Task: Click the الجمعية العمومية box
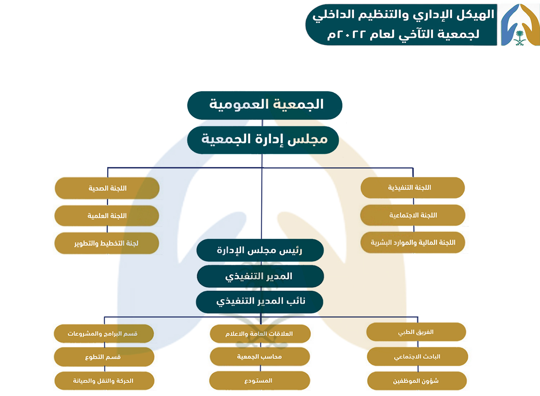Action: (x=265, y=105)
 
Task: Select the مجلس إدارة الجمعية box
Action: (x=263, y=140)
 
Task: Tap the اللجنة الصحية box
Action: (x=107, y=188)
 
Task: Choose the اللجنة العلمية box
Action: (x=107, y=216)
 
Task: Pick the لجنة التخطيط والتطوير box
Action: (x=107, y=243)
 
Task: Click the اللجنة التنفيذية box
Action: (x=413, y=188)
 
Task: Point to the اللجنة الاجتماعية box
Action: (x=413, y=215)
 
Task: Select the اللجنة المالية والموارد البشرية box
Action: (x=413, y=243)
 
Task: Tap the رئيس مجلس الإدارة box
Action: (x=260, y=251)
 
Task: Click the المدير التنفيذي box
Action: (x=260, y=276)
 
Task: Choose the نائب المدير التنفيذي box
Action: (x=260, y=302)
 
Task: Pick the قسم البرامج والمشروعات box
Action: (x=104, y=334)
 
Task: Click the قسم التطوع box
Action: (x=104, y=357)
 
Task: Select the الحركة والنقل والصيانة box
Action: (x=104, y=381)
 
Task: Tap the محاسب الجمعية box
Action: (x=260, y=356)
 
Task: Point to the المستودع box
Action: (x=260, y=381)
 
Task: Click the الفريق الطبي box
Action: (x=416, y=332)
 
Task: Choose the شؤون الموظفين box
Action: (x=417, y=381)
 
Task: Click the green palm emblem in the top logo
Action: (x=519, y=38)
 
